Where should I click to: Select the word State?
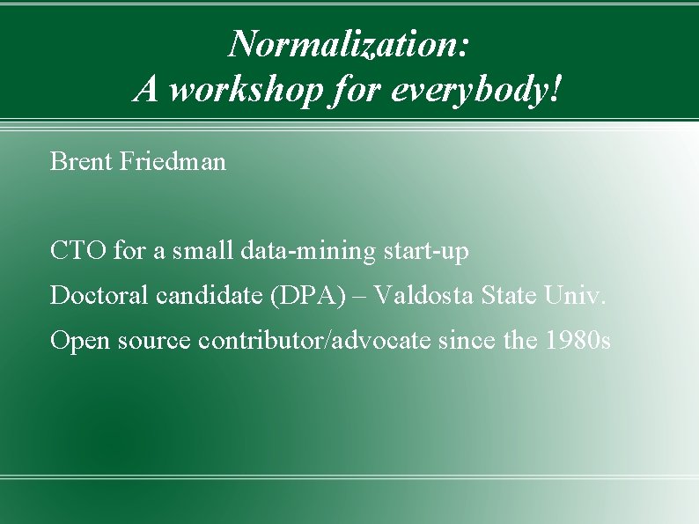[510, 295]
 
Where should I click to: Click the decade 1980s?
[578, 340]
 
